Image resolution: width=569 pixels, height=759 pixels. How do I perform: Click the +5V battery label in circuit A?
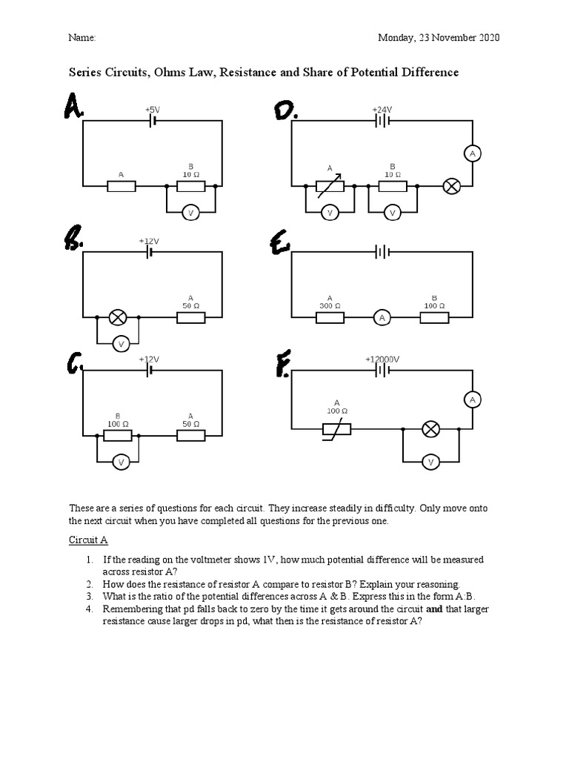pos(152,109)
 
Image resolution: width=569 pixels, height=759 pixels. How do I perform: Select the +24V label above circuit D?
pos(382,109)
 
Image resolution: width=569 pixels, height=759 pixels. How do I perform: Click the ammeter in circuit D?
pos(472,153)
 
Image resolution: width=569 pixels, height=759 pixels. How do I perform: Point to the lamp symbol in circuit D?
pos(451,186)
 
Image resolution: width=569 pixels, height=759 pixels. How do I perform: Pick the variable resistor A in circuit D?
pos(330,186)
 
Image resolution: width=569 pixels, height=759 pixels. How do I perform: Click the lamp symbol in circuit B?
pos(117,318)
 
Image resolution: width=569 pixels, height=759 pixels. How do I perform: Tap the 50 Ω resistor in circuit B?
pos(191,318)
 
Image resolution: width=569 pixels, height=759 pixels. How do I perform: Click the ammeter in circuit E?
pos(382,318)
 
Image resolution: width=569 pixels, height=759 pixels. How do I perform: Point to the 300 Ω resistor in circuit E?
pos(330,318)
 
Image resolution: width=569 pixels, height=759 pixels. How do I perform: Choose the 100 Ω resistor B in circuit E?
pos(434,318)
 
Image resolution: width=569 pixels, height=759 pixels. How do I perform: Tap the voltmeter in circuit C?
pos(122,463)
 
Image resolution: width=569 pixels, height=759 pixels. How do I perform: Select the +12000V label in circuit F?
pos(382,359)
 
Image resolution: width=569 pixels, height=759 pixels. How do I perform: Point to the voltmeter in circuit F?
pos(430,463)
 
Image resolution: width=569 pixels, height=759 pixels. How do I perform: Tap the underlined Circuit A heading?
pos(88,540)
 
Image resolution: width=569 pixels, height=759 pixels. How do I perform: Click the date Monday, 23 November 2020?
pos(439,38)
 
